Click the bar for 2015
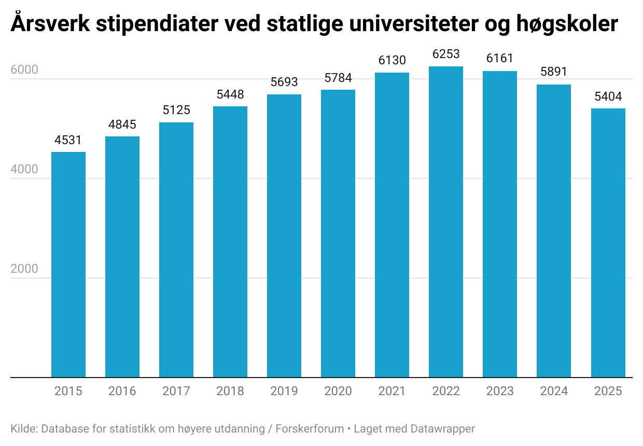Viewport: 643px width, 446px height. [x=68, y=264]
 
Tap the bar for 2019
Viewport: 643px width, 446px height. [x=284, y=236]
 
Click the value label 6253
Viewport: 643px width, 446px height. [x=446, y=54]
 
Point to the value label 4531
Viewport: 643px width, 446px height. [x=68, y=140]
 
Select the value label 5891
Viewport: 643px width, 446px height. [x=554, y=72]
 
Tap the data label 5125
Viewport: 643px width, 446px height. [x=176, y=110]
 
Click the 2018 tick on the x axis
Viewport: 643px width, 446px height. [x=230, y=391]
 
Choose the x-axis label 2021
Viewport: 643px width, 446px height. [x=392, y=391]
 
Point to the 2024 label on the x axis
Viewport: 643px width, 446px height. [x=554, y=391]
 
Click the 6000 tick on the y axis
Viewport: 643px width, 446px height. [x=24, y=70]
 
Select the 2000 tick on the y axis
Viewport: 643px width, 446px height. [x=24, y=269]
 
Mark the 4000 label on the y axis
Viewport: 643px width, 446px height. [x=24, y=170]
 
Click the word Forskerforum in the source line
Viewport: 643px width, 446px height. [x=310, y=429]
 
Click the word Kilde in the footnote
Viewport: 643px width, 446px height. [x=23, y=429]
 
